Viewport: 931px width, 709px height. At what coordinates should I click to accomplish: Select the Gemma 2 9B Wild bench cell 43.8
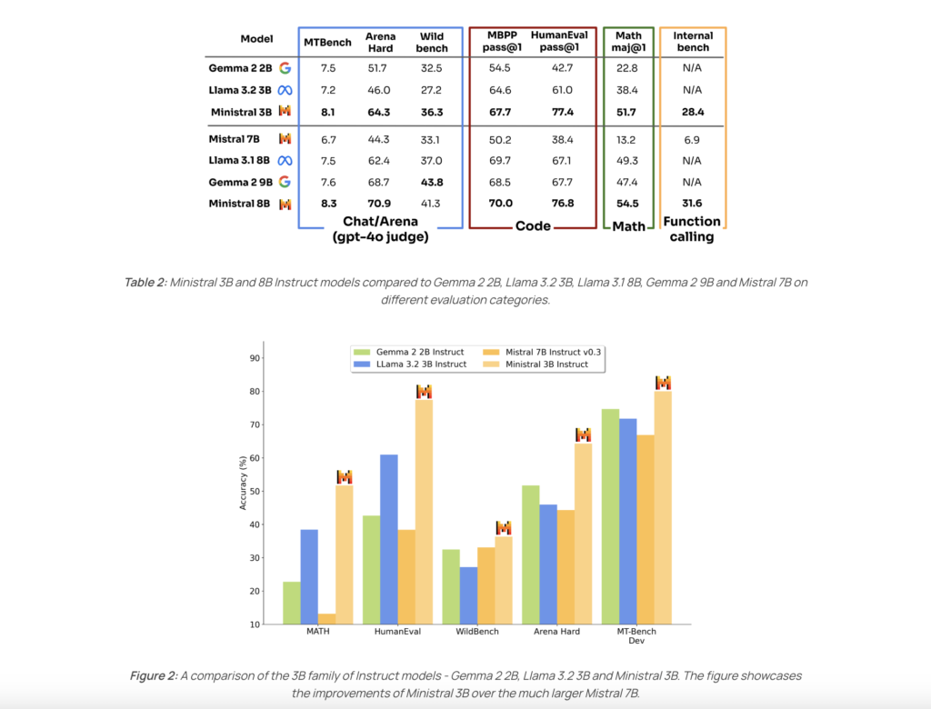[x=431, y=182]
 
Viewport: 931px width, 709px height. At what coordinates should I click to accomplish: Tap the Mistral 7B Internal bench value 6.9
[x=692, y=138]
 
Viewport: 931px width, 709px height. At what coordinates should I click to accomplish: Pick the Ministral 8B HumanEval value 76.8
[x=558, y=204]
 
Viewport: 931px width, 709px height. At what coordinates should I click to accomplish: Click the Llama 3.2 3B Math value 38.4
[x=627, y=89]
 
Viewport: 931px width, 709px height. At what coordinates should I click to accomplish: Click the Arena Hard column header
[x=380, y=43]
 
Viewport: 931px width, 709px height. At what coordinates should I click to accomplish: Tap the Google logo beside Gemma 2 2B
[x=285, y=67]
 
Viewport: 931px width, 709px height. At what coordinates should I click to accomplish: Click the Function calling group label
[x=692, y=228]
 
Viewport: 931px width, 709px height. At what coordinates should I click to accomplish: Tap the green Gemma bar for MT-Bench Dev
[x=610, y=516]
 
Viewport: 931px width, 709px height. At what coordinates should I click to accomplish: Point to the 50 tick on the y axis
[x=255, y=492]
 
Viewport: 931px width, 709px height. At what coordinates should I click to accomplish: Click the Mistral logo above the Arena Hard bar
[x=583, y=434]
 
